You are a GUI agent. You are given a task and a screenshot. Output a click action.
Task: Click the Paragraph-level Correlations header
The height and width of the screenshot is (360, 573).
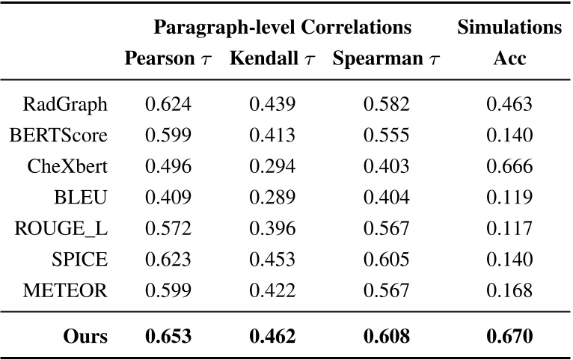coord(282,28)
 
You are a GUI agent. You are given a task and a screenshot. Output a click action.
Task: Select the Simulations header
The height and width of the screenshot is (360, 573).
coord(509,28)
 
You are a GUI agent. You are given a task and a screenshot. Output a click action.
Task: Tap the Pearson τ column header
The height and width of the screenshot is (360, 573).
coord(168,59)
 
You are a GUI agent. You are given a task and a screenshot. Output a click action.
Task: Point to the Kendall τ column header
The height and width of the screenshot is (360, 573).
coord(272,59)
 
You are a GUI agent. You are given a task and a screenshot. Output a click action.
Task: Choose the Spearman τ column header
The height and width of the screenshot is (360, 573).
coord(386,59)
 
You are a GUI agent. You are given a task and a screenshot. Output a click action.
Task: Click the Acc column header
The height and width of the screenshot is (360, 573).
coord(509,59)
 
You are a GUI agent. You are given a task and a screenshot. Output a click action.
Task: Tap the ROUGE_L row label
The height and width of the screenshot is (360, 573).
coord(61,228)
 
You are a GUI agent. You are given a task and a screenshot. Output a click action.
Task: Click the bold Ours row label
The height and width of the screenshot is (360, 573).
coord(85,336)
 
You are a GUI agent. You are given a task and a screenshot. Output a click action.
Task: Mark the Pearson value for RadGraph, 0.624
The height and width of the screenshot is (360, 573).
coord(168,104)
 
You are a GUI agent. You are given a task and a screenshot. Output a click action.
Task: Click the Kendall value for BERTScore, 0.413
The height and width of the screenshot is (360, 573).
coord(272,135)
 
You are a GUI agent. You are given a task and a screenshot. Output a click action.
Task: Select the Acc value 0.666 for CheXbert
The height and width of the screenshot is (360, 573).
coord(509,166)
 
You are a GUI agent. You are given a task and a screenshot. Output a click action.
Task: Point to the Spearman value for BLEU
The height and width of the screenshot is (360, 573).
coord(386,198)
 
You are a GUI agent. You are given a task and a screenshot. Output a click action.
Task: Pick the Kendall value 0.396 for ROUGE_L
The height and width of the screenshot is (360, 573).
coord(272,228)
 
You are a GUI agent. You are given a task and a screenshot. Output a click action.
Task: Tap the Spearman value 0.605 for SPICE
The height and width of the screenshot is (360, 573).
coord(386,260)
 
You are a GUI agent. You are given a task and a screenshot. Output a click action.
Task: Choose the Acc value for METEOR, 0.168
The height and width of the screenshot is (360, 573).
coord(509,290)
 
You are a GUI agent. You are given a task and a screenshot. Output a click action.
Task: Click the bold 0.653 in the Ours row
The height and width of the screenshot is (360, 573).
coord(168,336)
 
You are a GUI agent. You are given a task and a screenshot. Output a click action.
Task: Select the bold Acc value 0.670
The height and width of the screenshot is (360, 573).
coord(509,336)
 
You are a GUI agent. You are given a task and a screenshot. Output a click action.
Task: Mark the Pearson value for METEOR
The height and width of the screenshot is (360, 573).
coord(168,290)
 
